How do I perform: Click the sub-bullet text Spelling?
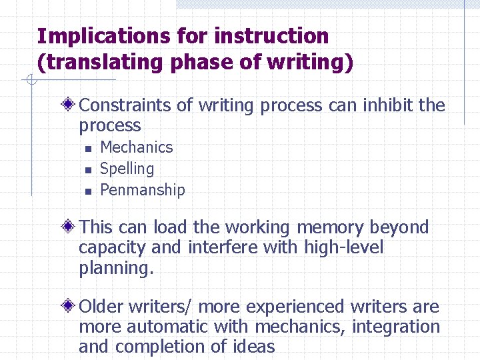(127, 169)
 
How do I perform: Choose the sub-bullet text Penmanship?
(142, 190)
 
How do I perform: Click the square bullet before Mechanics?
(87, 148)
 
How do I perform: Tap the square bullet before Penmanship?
(87, 191)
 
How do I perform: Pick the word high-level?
(343, 247)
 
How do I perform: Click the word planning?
(116, 268)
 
